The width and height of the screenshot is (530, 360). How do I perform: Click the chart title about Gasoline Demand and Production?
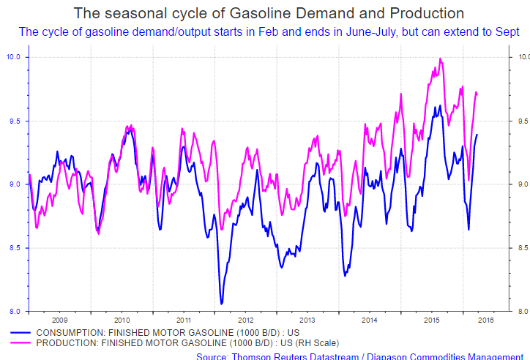pos(269,13)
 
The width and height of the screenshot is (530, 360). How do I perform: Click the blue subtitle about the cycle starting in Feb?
pos(269,31)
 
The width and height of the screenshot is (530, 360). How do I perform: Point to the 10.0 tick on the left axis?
pos(15,57)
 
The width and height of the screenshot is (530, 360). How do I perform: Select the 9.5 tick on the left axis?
pos(15,121)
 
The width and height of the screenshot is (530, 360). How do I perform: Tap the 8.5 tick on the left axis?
pos(15,248)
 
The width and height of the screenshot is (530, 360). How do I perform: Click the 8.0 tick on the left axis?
pos(15,312)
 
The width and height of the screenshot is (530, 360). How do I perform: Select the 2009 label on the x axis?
pos(59,320)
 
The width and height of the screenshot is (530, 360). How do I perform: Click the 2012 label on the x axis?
pos(245,320)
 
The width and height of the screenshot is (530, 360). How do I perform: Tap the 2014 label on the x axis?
pos(370,320)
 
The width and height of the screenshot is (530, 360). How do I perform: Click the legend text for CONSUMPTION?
pos(157,331)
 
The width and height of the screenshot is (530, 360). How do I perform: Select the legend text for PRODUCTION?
pos(176,342)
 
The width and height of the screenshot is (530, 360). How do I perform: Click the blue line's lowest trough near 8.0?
pos(222,303)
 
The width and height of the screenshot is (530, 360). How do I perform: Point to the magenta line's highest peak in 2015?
pos(440,59)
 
